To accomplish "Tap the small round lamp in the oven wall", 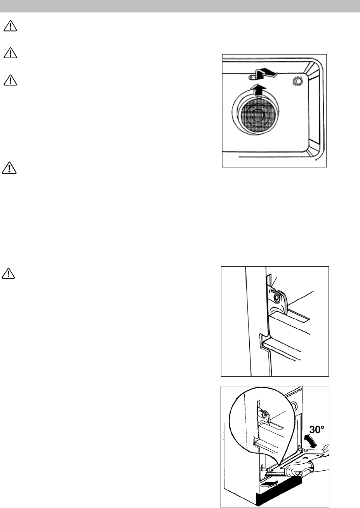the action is coord(297,81).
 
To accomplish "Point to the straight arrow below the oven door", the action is coord(270,484).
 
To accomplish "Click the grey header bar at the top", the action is coord(180,6).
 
